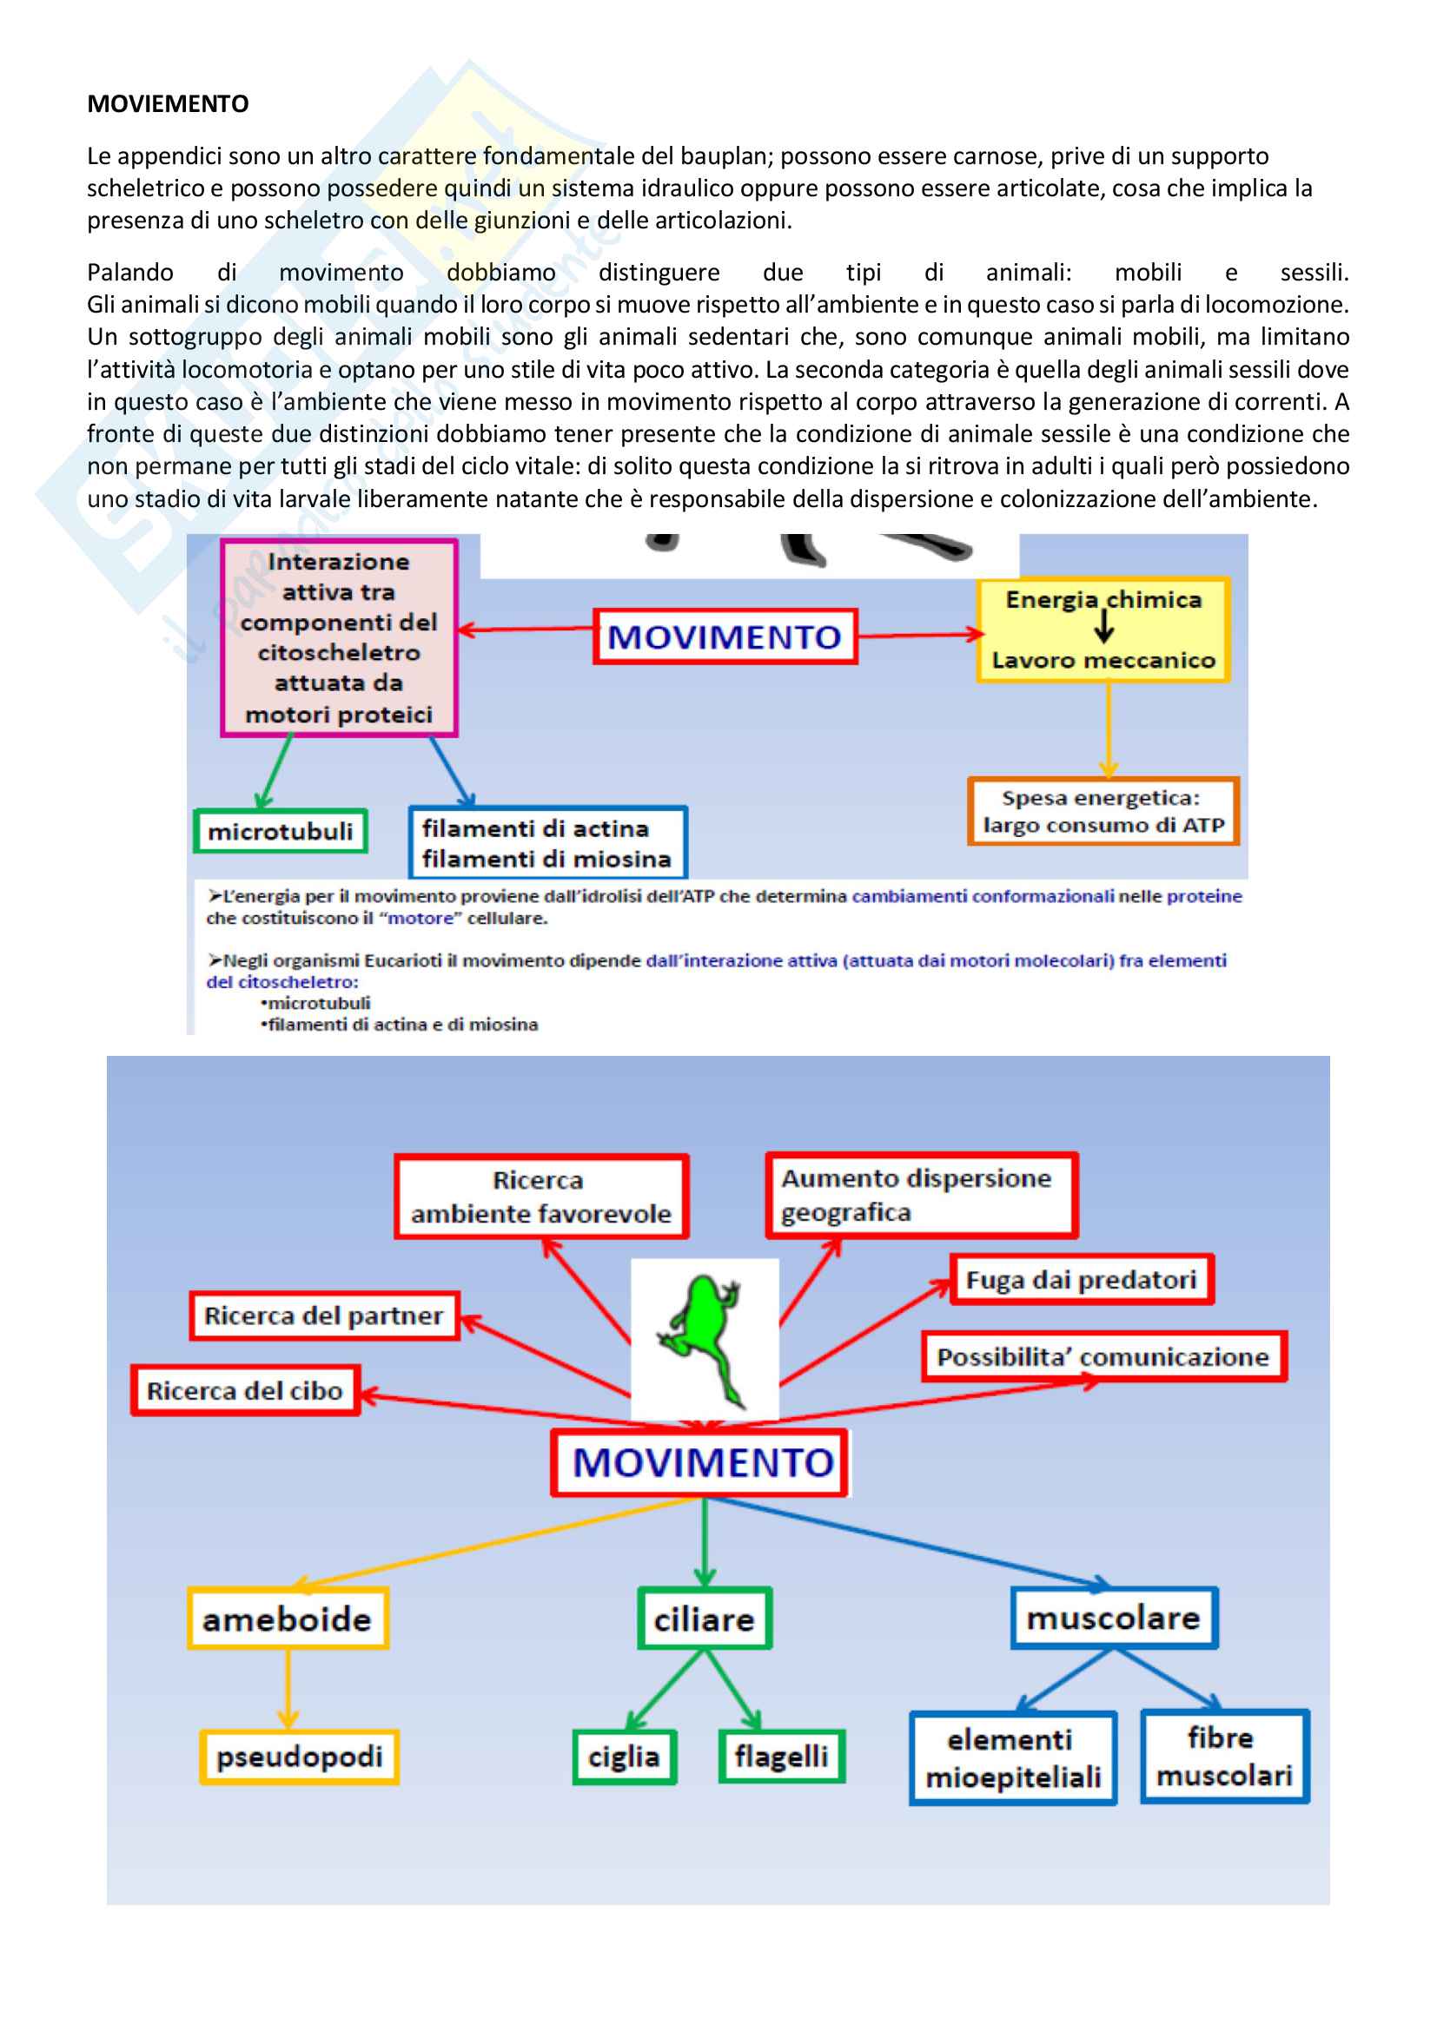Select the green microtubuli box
tap(281, 832)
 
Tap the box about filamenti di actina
tap(547, 843)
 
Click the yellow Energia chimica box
tap(1103, 630)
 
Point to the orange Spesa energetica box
tap(1103, 812)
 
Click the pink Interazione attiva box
tap(339, 638)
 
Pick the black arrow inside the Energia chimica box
tap(1104, 627)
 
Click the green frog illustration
tap(705, 1337)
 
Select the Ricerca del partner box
tap(324, 1316)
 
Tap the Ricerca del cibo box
tap(245, 1391)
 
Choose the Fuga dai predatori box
tap(1082, 1280)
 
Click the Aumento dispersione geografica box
tap(921, 1196)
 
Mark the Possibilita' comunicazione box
tap(1103, 1357)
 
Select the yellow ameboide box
tap(288, 1619)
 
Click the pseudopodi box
tap(299, 1757)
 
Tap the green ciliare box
tap(705, 1619)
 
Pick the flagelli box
tap(781, 1757)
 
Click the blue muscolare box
tap(1114, 1618)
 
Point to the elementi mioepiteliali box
tap(1013, 1759)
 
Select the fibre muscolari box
tap(1225, 1757)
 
